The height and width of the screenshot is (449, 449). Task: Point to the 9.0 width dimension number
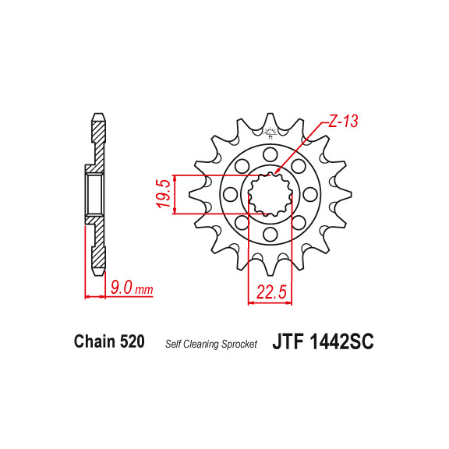(121, 288)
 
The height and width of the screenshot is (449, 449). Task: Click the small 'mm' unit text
(144, 290)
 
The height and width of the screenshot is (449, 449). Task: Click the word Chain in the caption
(94, 341)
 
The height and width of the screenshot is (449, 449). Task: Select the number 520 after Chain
(132, 341)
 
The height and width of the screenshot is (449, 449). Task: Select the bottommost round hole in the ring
(270, 233)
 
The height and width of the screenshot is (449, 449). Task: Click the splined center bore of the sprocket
(270, 193)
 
